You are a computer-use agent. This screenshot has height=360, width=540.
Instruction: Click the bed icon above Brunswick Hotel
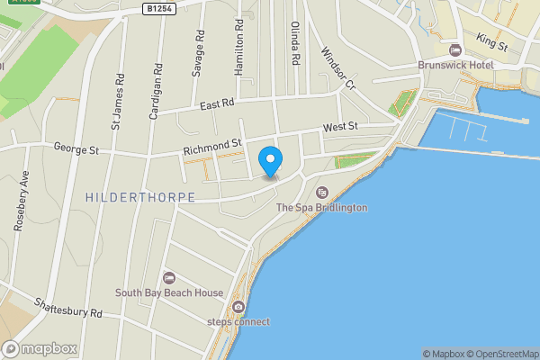click(x=454, y=49)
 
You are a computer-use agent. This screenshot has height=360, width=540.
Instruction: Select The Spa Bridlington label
click(x=321, y=208)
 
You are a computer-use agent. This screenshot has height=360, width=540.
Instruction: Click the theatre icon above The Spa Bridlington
click(x=321, y=192)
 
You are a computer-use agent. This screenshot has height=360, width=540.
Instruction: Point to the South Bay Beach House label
click(x=169, y=292)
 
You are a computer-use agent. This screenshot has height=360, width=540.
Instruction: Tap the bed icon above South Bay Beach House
click(x=169, y=277)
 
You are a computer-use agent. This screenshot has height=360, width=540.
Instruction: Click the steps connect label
click(x=238, y=321)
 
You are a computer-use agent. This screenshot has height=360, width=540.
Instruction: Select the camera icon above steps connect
click(x=238, y=306)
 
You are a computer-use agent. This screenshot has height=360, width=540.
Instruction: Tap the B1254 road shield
click(x=159, y=8)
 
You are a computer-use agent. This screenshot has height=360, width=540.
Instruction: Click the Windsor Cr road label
click(x=338, y=67)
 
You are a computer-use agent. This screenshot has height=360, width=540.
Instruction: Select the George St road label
click(x=75, y=148)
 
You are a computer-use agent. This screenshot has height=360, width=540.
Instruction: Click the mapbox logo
click(x=40, y=348)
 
